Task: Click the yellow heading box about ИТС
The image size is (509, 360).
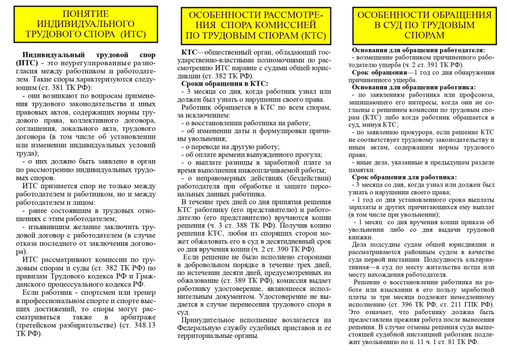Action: tap(86, 24)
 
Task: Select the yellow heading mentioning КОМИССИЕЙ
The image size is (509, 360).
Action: tap(256, 25)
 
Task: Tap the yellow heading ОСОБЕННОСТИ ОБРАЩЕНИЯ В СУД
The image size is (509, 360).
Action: tap(424, 25)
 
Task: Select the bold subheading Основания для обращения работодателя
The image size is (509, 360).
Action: tap(418, 50)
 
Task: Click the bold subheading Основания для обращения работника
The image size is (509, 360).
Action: tap(414, 87)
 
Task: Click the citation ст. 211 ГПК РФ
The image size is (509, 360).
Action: tap(466, 304)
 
